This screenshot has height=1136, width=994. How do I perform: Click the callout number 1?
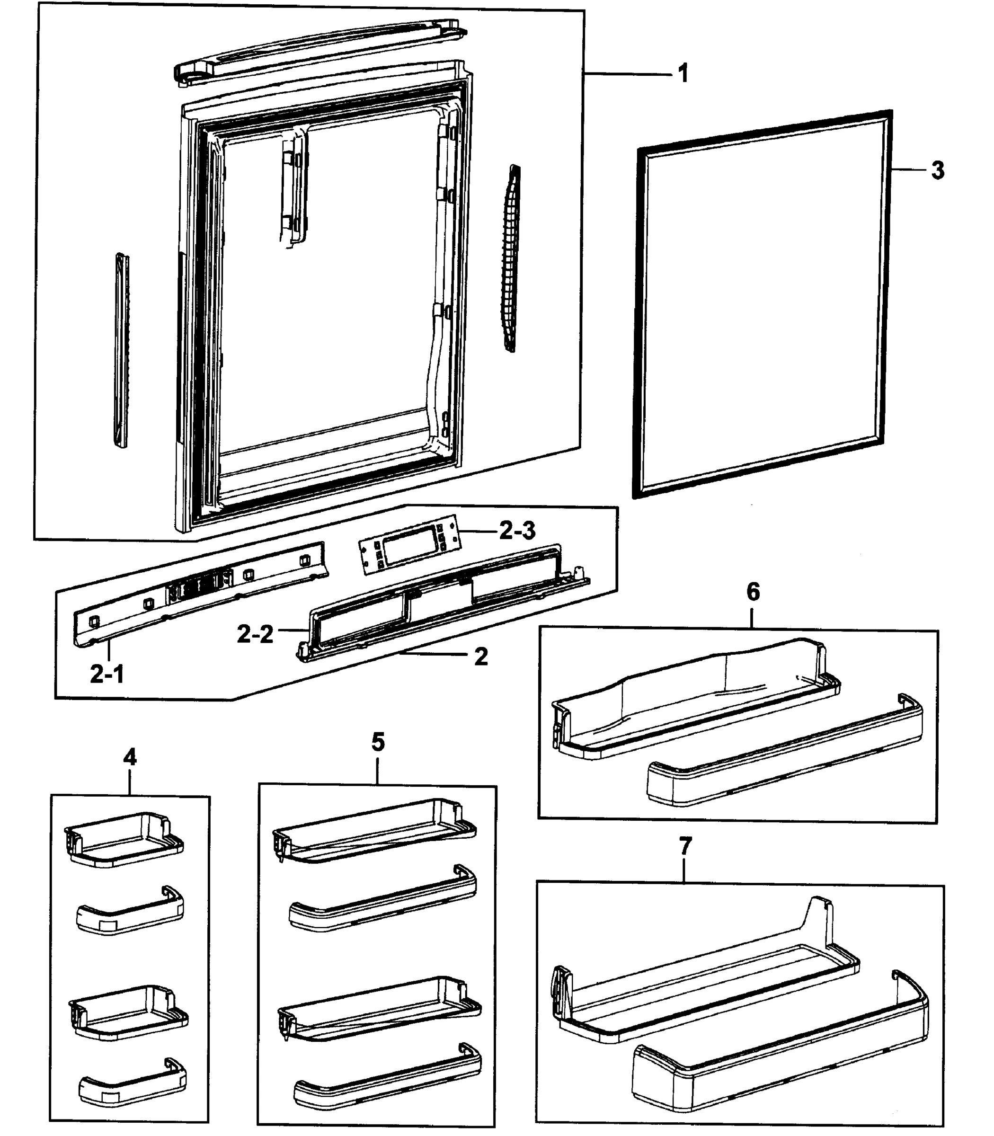(683, 74)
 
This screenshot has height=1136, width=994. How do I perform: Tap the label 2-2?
(255, 634)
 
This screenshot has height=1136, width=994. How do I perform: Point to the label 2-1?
(106, 674)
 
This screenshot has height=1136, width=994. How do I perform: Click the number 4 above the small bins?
(130, 757)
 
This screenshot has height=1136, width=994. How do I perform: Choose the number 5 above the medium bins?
(378, 742)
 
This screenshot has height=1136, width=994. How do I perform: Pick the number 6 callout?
(753, 592)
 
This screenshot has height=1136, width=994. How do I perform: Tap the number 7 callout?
(685, 846)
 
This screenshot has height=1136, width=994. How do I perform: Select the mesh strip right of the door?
(512, 258)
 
